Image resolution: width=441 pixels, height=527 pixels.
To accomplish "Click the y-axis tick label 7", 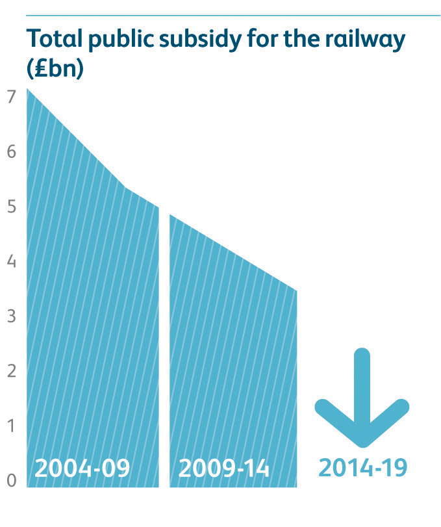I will point(10,97).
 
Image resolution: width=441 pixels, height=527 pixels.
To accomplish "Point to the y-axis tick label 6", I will point(11,152).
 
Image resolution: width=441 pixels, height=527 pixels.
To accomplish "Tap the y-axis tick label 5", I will point(11,207).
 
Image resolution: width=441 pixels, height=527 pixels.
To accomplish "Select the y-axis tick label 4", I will point(11,262).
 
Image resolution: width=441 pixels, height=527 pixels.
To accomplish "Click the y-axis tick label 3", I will point(11,316).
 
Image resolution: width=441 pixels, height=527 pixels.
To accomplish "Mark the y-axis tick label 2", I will point(11,371).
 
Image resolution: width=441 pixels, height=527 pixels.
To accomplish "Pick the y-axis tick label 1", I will point(11,426).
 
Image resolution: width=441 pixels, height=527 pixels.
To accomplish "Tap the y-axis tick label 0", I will point(11,481).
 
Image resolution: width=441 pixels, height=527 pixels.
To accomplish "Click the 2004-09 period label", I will point(82,468).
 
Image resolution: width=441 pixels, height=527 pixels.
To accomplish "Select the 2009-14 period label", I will point(224,468).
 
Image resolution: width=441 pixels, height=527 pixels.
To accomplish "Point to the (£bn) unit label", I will point(55,68).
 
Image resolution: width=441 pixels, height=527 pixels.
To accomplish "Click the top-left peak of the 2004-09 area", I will point(28,90).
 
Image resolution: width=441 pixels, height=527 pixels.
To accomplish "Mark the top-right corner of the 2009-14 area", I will point(296,291).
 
